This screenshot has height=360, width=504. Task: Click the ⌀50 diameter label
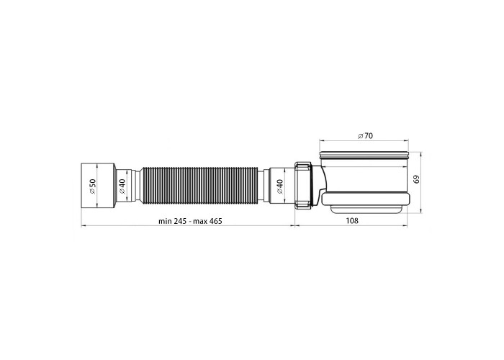click(92, 186)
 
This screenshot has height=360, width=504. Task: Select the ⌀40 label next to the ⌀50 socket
click(122, 186)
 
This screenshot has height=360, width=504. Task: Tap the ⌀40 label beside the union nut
click(279, 186)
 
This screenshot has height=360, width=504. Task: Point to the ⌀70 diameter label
click(366, 135)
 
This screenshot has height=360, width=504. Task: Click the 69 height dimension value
click(417, 179)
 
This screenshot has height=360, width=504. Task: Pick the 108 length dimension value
click(351, 221)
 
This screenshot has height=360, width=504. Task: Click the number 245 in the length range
click(180, 221)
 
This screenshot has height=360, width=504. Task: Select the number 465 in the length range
click(216, 221)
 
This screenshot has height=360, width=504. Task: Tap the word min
click(165, 221)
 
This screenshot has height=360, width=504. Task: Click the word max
click(200, 221)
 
